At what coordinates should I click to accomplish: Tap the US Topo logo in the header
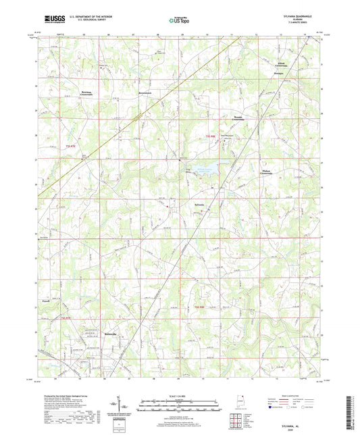pyautogui.click(x=180, y=20)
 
